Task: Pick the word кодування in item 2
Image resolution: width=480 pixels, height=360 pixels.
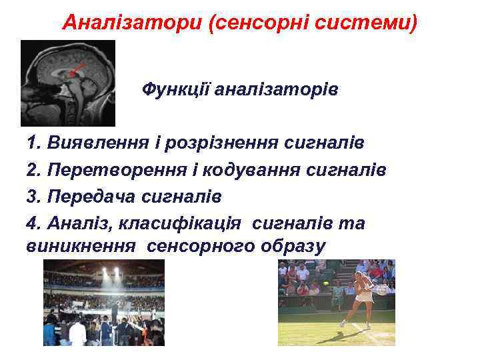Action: coord(267,170)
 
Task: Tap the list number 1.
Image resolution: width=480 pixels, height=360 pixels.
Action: coord(32,143)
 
